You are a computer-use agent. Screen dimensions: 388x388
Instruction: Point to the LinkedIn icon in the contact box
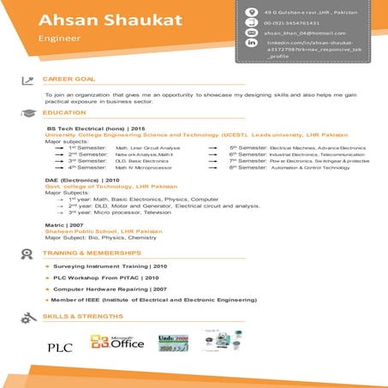pyautogui.click(x=251, y=42)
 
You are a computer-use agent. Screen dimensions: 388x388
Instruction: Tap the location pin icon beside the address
pyautogui.click(x=251, y=11)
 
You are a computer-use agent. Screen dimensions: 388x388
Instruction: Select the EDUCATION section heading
pyautogui.click(x=64, y=112)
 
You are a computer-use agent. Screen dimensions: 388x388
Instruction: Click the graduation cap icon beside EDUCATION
pyautogui.click(x=29, y=112)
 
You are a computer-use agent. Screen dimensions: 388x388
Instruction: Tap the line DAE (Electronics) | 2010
pyautogui.click(x=82, y=180)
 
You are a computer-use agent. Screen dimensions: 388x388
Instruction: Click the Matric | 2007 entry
pyautogui.click(x=64, y=224)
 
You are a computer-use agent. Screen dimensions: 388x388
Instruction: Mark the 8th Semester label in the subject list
pyautogui.click(x=246, y=167)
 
